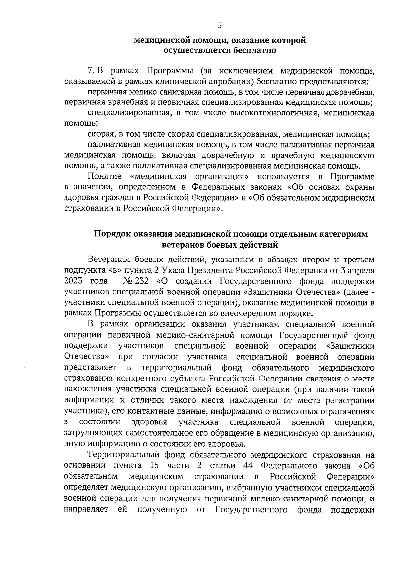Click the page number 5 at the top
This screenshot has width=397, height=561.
(x=220, y=26)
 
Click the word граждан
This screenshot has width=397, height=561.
(x=113, y=198)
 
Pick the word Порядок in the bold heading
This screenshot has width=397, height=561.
(x=113, y=234)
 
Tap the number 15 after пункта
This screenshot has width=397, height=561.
(x=154, y=466)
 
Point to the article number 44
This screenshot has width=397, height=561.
(x=248, y=466)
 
